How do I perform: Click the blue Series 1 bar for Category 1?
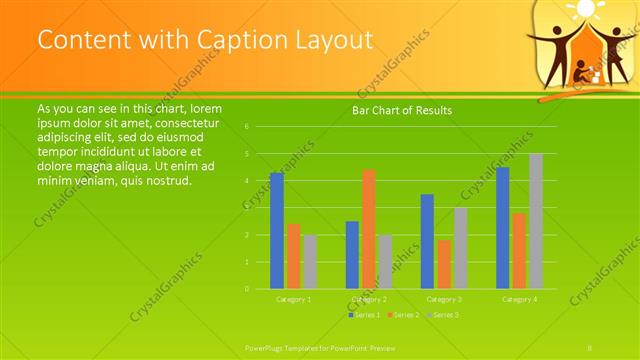click(x=277, y=231)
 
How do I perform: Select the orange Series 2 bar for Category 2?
click(x=369, y=229)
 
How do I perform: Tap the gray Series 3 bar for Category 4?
click(x=536, y=221)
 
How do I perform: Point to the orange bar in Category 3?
click(x=444, y=264)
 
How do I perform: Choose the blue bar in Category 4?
click(x=503, y=228)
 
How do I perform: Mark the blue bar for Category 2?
click(x=352, y=255)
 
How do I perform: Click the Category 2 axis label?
click(x=369, y=299)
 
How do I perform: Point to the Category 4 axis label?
click(x=519, y=299)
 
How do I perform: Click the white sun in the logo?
click(x=583, y=10)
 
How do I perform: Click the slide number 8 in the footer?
click(x=590, y=347)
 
